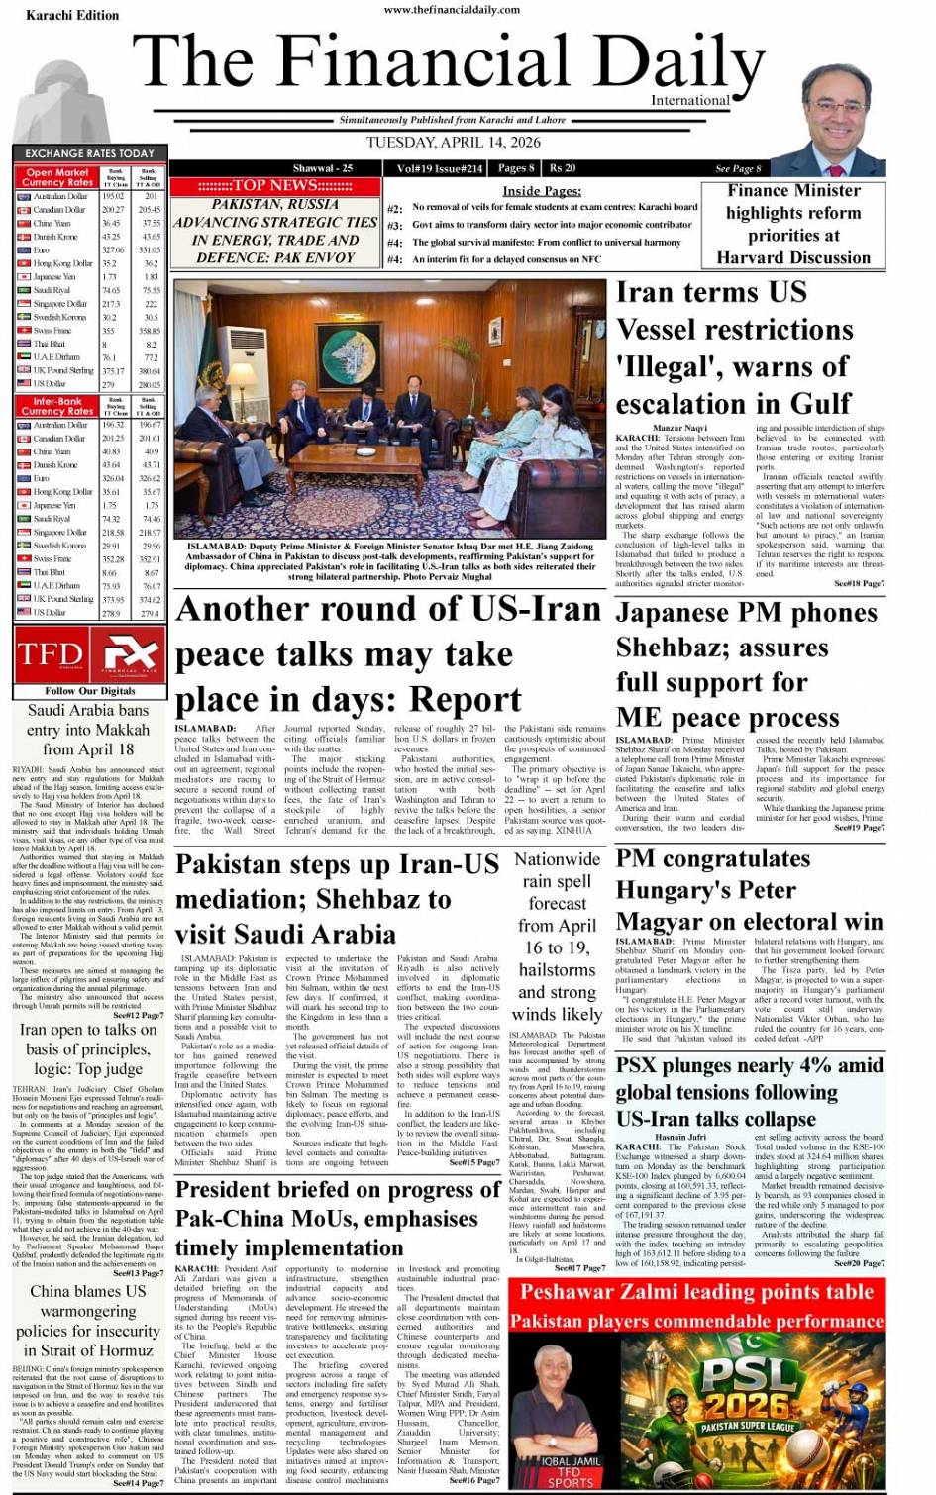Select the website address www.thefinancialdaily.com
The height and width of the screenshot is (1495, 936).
coord(452,9)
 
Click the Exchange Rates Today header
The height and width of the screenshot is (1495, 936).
coord(89,153)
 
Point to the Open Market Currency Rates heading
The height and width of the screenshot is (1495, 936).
coord(56,177)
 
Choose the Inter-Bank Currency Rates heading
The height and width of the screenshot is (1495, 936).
coord(56,406)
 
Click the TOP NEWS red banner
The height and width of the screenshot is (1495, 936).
coord(274,185)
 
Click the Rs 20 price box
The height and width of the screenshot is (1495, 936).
coord(563,168)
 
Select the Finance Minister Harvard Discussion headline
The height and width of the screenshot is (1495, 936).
coord(793,224)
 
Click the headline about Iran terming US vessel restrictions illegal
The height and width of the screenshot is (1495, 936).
coord(734,348)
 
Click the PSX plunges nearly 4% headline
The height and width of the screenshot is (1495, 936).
coord(749,1091)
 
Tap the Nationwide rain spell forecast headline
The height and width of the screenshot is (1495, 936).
coord(558,936)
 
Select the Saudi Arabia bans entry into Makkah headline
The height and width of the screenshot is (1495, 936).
coord(87,729)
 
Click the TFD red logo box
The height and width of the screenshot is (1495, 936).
coord(51,654)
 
